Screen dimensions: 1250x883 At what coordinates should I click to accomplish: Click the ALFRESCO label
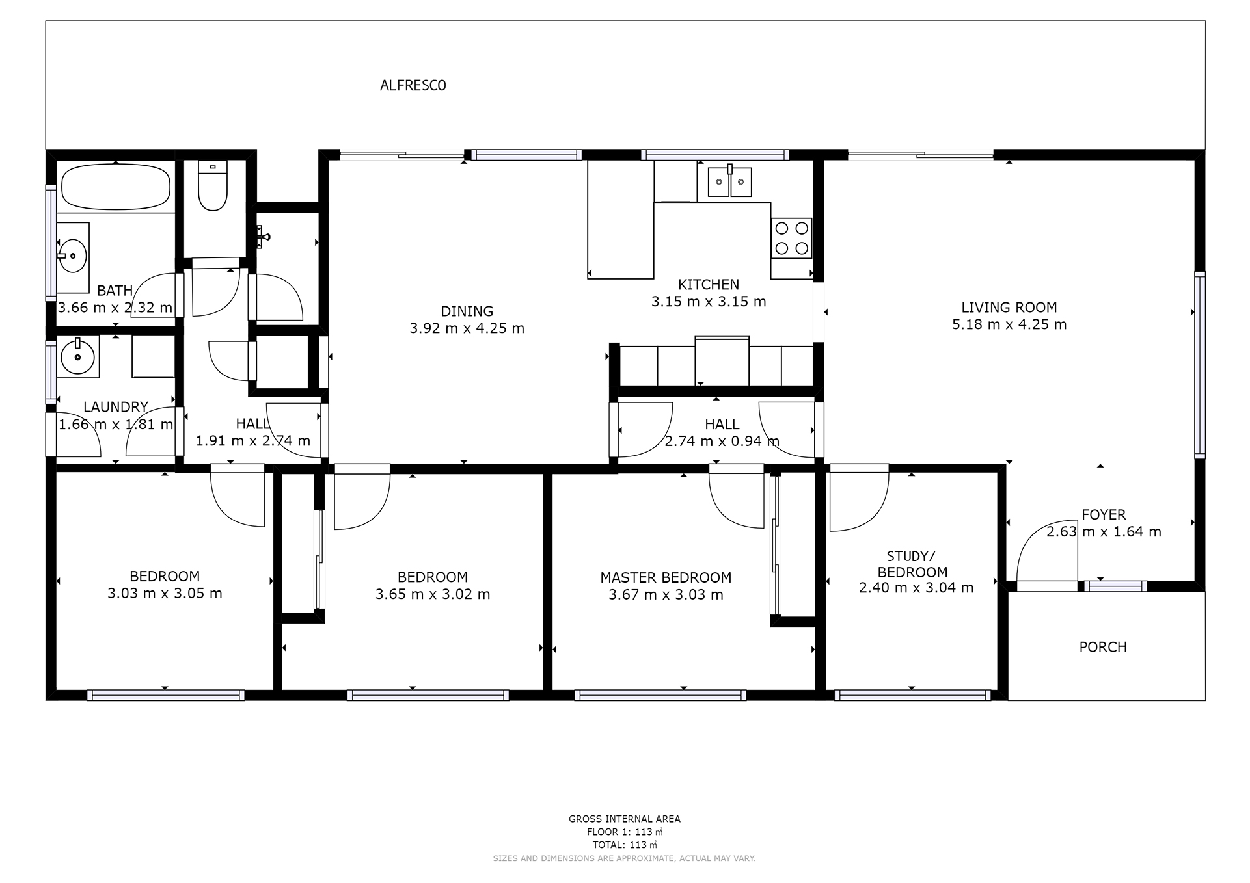click(x=413, y=85)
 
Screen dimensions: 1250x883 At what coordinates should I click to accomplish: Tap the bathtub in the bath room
click(x=115, y=186)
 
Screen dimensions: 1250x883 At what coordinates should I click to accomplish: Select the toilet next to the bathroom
click(x=212, y=186)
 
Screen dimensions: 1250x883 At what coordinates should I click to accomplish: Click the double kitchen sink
click(x=730, y=181)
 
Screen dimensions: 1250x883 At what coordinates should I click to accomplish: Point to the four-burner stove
click(x=792, y=238)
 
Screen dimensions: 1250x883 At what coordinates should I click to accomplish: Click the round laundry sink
click(x=78, y=357)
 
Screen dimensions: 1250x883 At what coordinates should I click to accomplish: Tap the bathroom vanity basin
click(x=72, y=255)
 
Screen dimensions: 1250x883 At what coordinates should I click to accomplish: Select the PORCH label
click(x=1103, y=647)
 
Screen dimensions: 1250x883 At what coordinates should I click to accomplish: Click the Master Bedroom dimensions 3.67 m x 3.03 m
click(x=666, y=594)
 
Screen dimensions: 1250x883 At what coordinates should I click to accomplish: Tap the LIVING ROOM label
click(x=1009, y=307)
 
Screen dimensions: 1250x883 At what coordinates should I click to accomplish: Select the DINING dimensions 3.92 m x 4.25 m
click(x=467, y=328)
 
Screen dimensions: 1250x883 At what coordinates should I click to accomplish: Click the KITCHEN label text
click(x=709, y=284)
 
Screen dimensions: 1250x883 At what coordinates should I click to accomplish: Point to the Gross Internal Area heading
click(x=625, y=819)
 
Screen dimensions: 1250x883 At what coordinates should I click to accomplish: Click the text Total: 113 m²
click(x=625, y=845)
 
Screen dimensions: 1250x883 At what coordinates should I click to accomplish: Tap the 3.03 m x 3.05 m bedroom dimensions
click(x=165, y=593)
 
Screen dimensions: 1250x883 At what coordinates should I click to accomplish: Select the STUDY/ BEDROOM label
click(x=912, y=564)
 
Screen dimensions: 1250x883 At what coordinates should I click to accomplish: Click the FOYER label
click(x=1104, y=514)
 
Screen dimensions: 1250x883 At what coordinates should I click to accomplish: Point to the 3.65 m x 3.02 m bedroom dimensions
click(x=433, y=594)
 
